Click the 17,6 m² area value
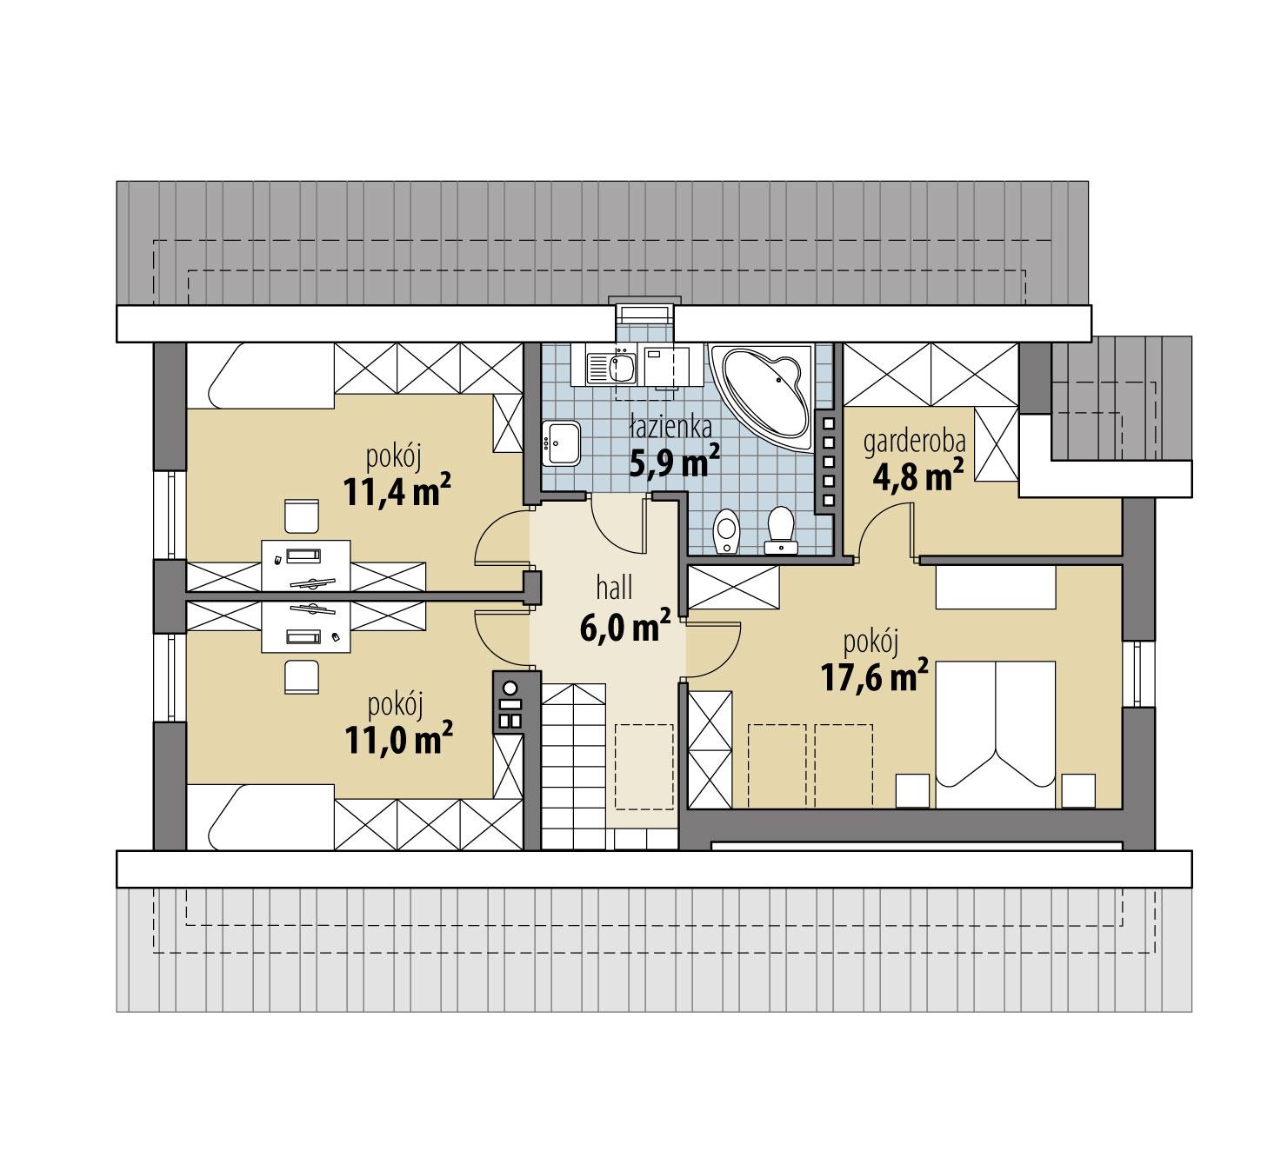click(x=875, y=676)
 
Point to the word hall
click(x=614, y=588)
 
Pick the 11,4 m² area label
click(x=397, y=491)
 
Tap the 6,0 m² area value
click(x=624, y=626)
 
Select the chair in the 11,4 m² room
click(x=303, y=516)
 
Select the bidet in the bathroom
click(x=725, y=532)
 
